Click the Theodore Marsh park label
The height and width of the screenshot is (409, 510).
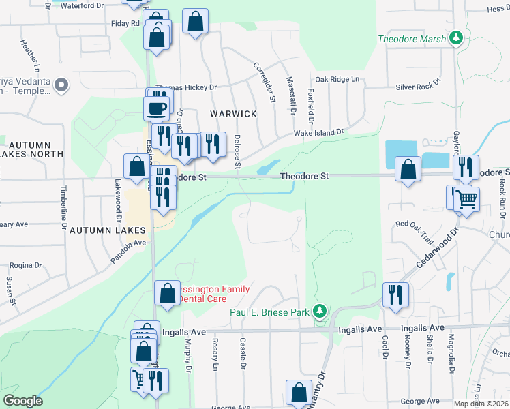pyautogui.click(x=412, y=39)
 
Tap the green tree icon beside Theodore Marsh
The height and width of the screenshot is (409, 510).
pyautogui.click(x=457, y=39)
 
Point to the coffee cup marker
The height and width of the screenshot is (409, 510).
pyautogui.click(x=156, y=108)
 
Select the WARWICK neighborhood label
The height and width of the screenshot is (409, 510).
pyautogui.click(x=233, y=114)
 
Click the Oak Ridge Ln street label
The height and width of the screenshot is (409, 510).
pyautogui.click(x=337, y=80)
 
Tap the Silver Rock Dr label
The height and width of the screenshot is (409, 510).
pyautogui.click(x=418, y=87)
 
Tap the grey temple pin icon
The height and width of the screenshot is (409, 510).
pyautogui.click(x=61, y=85)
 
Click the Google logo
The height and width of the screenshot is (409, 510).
pyautogui.click(x=22, y=401)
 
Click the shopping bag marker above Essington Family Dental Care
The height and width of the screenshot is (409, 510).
pyautogui.click(x=167, y=293)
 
